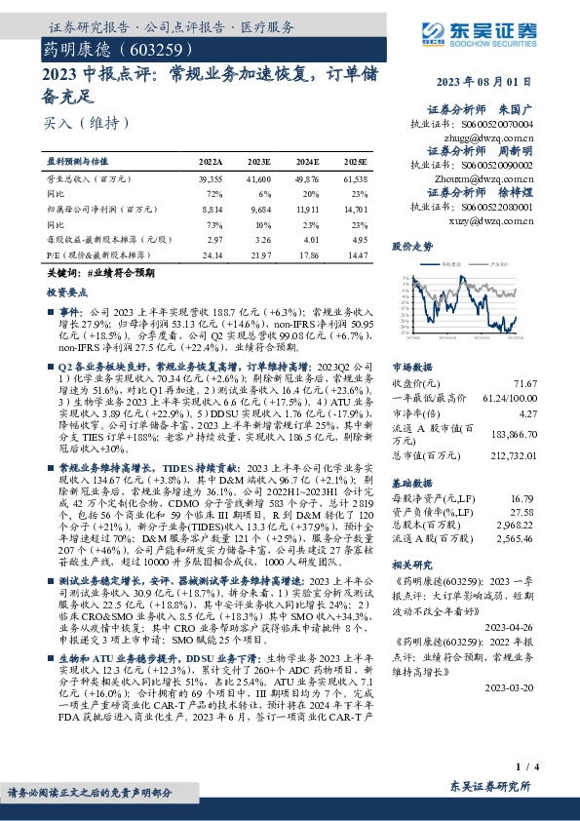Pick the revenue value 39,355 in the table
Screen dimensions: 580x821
pyautogui.click(x=211, y=180)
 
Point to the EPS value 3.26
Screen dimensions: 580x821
pyautogui.click(x=259, y=239)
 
